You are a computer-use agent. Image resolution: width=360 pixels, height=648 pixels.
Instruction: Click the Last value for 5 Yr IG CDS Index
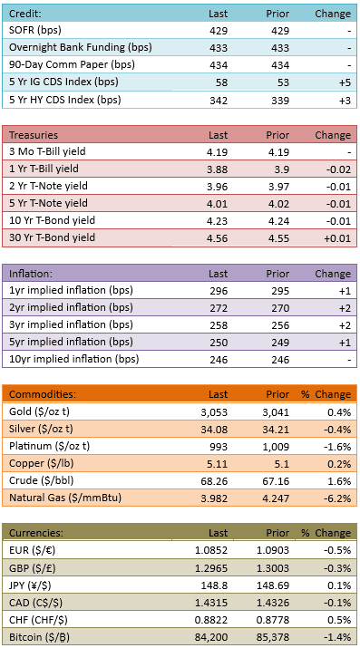[221, 82]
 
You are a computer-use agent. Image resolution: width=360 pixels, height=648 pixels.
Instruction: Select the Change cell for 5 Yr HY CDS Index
[345, 100]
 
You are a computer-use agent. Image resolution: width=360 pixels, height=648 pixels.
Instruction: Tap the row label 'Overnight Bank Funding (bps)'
[80, 47]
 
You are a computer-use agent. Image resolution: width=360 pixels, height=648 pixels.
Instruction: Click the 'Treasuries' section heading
[34, 135]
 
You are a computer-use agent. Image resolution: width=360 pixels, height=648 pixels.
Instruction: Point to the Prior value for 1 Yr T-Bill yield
[281, 169]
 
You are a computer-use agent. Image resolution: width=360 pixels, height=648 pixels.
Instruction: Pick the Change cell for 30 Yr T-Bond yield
[337, 238]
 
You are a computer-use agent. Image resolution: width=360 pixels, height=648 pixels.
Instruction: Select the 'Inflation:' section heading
[31, 274]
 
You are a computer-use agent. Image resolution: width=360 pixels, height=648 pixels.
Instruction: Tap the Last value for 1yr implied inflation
[219, 291]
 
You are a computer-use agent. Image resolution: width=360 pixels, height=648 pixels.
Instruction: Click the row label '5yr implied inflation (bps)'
[71, 343]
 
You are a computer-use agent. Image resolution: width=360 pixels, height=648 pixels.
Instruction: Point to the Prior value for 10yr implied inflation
[280, 360]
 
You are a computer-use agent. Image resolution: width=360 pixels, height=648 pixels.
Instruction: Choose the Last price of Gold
[216, 412]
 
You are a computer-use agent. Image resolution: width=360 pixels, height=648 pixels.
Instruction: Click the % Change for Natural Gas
[340, 498]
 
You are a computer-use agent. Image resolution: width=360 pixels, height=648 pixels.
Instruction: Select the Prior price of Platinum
[277, 447]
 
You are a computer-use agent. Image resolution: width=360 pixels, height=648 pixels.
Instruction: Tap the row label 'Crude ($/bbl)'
[42, 481]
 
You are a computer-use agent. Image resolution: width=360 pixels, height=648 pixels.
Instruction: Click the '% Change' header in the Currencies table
[326, 533]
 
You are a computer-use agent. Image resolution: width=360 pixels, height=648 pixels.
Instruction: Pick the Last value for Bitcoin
[213, 637]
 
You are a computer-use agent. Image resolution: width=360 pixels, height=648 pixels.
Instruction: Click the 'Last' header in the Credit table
[219, 14]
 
